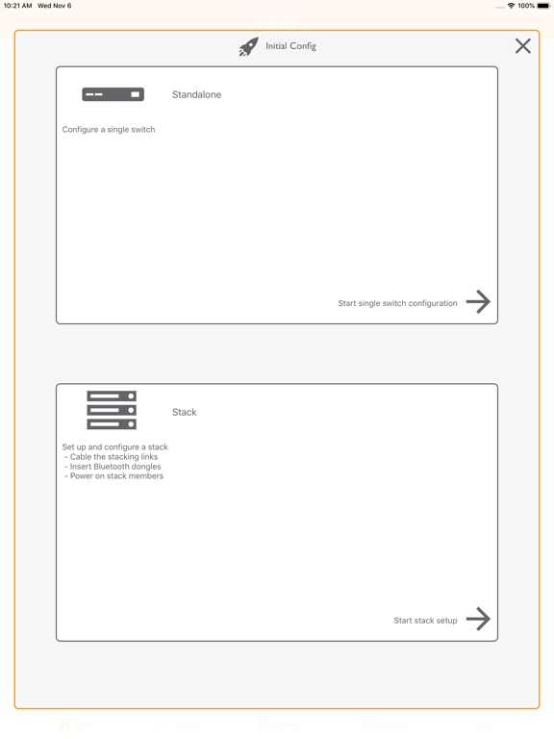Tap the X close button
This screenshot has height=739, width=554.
[x=522, y=46]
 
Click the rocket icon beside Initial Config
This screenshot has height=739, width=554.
[x=248, y=47]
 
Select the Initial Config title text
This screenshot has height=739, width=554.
[x=290, y=46]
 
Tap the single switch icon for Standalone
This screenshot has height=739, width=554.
[x=113, y=94]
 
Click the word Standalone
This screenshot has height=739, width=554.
[x=196, y=94]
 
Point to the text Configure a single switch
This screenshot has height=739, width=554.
[x=109, y=129]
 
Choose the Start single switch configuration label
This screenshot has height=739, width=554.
[x=397, y=303]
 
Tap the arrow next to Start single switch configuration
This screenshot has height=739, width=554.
[x=478, y=302]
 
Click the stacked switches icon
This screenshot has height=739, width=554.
[x=112, y=410]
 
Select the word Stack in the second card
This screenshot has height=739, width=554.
[x=184, y=412]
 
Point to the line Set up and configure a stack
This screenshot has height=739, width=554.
[x=115, y=447]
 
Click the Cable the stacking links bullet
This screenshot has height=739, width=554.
[x=113, y=457]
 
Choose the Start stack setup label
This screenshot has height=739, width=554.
[x=425, y=621]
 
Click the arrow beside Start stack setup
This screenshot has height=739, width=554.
[x=478, y=619]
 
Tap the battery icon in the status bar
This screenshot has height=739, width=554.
[x=543, y=6]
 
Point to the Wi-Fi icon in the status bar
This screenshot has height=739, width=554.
[x=511, y=6]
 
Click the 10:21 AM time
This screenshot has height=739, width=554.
[x=17, y=6]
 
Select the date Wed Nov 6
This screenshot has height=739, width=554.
[x=54, y=6]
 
